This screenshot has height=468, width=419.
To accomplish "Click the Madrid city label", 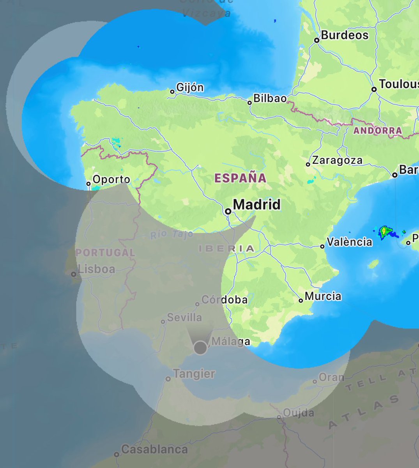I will coord(257,205).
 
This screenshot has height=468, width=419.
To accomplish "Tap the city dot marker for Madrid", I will coord(228,211).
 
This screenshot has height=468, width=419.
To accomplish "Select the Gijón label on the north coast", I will coord(190,87).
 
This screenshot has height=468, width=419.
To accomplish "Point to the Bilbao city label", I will coord(270,99).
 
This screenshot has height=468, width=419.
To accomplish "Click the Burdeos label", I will coord(345,35).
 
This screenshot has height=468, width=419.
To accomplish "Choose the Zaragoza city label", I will coord(337,160).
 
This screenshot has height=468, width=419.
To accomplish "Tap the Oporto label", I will coord(111,180).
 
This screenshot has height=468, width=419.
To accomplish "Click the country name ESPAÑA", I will coord(240,178).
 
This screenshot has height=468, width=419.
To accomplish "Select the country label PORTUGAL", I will coord(105,252).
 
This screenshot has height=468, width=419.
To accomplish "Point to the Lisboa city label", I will coord(96,269).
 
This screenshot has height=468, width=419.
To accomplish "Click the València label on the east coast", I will coord(349,242).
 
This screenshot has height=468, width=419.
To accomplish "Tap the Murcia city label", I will coord(323,296).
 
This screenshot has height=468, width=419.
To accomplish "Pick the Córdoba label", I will coord(224,300).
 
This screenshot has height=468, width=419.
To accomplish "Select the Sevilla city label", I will coord(184,317).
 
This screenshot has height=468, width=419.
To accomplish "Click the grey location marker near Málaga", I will coord(200,347).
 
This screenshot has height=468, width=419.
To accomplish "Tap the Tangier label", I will coord(194,374).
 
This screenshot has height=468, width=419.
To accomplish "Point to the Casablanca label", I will coord(154,450).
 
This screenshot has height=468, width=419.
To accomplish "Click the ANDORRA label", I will coord(377,131).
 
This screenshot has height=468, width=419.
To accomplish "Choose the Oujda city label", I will coord(299,413).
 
